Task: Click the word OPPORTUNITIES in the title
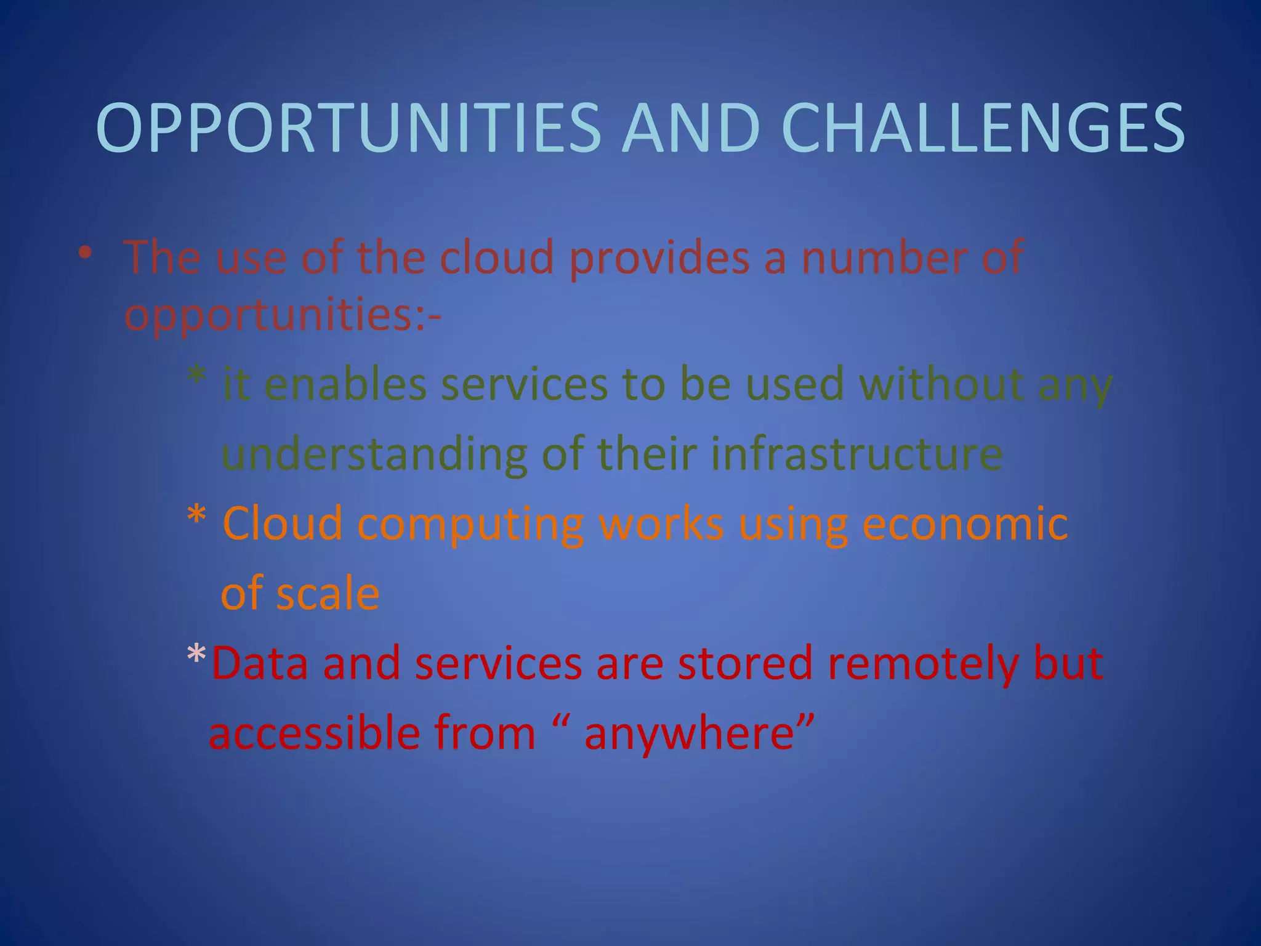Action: coord(348,128)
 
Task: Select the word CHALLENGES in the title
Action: coord(983,128)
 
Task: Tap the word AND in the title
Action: coord(691,128)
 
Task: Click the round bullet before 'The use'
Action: coord(85,253)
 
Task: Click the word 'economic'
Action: coord(965,524)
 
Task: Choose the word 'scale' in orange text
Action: coord(327,594)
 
